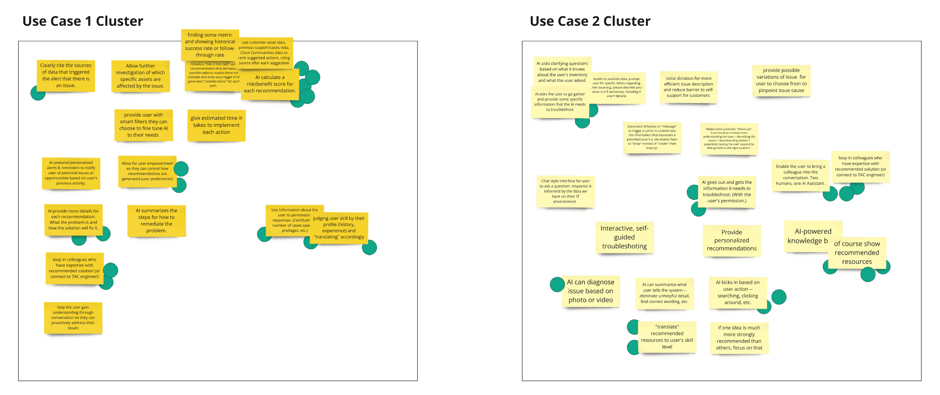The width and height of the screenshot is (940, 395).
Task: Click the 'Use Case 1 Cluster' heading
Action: point(82,21)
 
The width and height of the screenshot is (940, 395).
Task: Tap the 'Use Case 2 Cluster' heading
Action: point(590,21)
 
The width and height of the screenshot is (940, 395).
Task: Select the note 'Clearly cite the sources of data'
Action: point(66,75)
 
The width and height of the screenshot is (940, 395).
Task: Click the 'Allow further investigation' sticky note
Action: point(140,76)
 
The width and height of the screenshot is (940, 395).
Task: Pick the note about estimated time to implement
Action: point(216,125)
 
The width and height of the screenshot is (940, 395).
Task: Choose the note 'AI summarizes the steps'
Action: point(156,220)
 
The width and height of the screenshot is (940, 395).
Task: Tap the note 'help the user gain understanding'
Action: point(73,318)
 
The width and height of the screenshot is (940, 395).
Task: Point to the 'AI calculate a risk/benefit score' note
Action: point(270,84)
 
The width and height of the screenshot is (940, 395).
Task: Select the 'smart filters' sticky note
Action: point(144,125)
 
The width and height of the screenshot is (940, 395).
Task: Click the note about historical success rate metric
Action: point(210,45)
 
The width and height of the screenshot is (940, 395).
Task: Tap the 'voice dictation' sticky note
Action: point(688,87)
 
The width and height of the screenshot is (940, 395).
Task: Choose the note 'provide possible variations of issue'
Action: point(781,81)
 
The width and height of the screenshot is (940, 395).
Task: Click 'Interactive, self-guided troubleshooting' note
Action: point(624,237)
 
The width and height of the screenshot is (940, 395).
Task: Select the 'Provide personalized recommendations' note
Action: point(732,240)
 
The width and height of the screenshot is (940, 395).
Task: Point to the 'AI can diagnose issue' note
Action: point(590,291)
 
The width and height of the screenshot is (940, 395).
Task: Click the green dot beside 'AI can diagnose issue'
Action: point(556,284)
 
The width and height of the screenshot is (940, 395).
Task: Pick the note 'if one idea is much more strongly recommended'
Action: point(739,338)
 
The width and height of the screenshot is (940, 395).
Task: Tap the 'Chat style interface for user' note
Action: point(565,191)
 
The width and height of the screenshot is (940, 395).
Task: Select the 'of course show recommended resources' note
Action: point(857,253)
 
